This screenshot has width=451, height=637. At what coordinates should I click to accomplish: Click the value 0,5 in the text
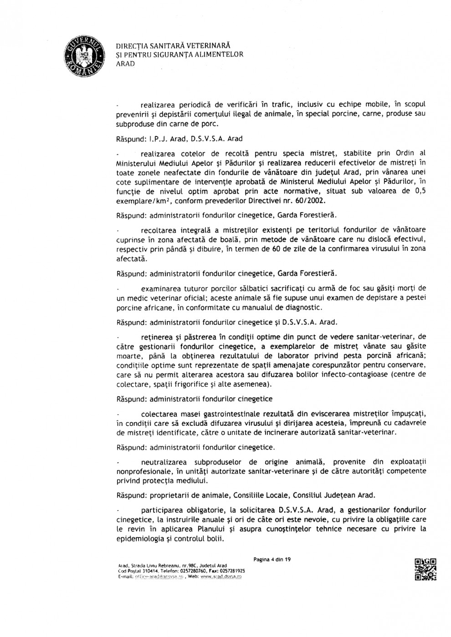420,191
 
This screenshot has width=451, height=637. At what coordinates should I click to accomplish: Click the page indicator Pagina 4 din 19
272,560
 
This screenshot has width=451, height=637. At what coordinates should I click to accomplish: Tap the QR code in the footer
425,569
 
